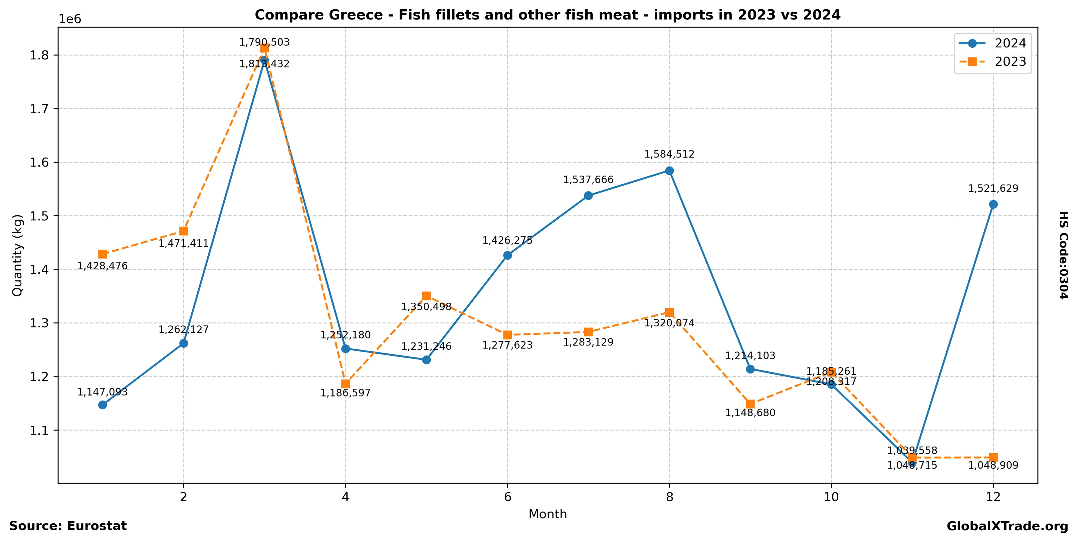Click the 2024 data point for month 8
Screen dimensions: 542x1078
click(669, 171)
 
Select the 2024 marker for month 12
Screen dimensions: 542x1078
click(993, 204)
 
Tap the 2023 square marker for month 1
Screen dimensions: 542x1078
click(102, 254)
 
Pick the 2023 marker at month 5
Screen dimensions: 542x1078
click(426, 296)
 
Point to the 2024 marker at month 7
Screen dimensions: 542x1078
click(588, 196)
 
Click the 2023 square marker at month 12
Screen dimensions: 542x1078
click(993, 458)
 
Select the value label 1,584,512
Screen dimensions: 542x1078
click(669, 154)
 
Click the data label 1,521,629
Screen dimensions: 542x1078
click(993, 189)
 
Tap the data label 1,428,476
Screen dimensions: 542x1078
click(102, 266)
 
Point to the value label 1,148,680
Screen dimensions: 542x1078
click(750, 413)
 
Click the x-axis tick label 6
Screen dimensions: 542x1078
click(507, 497)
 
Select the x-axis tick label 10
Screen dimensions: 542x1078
click(831, 497)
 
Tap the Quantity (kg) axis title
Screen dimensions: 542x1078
click(17, 255)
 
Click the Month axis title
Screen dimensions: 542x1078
click(548, 514)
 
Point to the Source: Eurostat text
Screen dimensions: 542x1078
click(68, 526)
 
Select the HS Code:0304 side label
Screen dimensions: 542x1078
click(1063, 255)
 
